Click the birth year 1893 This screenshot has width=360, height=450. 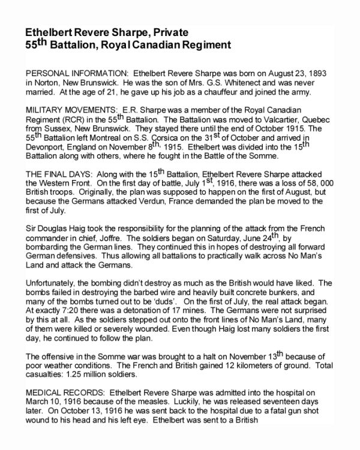(323, 70)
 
